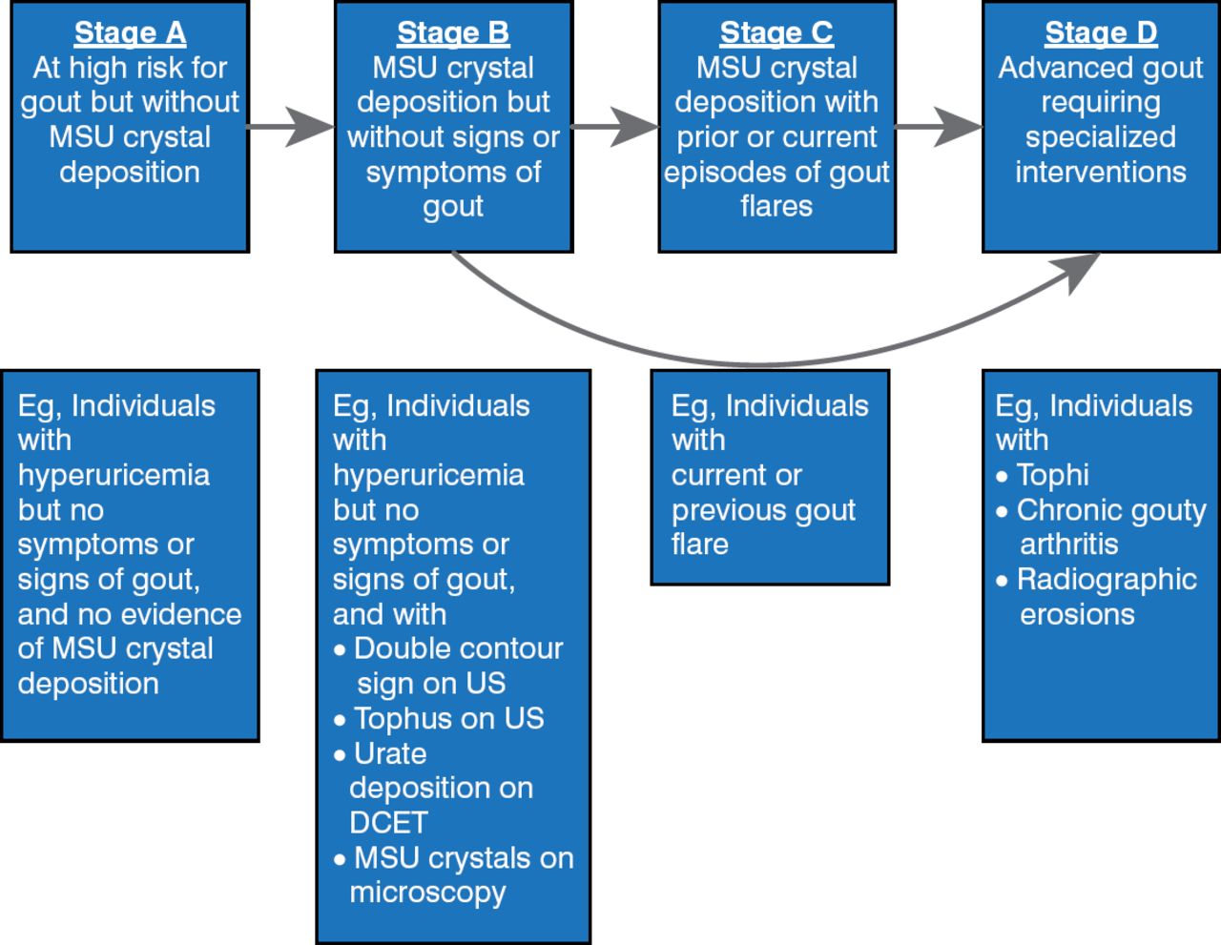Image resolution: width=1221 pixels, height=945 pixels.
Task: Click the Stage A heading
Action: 130,32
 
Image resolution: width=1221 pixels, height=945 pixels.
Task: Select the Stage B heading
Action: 453,32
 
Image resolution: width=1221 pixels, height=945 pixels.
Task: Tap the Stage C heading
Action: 776,32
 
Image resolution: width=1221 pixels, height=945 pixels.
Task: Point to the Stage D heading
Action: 1101,32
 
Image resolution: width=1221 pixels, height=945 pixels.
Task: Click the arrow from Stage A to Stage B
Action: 291,127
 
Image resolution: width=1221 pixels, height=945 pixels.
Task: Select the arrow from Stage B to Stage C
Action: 615,127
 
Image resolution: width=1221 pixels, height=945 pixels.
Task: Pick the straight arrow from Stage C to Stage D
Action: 939,127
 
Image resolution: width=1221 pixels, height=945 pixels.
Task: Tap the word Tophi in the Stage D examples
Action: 1052,475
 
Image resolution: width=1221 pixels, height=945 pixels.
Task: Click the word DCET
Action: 388,822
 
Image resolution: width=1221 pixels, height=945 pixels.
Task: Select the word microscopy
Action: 427,892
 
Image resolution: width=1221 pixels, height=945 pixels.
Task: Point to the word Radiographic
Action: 1107,579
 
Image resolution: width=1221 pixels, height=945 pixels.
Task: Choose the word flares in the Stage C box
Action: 776,206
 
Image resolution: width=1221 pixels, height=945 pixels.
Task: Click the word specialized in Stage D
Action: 1101,136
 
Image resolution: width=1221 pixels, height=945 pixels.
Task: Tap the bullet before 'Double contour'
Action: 340,650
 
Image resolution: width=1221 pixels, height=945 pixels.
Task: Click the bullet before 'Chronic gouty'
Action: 1002,511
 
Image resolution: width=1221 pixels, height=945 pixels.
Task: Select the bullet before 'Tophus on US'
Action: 340,720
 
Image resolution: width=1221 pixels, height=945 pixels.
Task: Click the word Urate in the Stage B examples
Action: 390,753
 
